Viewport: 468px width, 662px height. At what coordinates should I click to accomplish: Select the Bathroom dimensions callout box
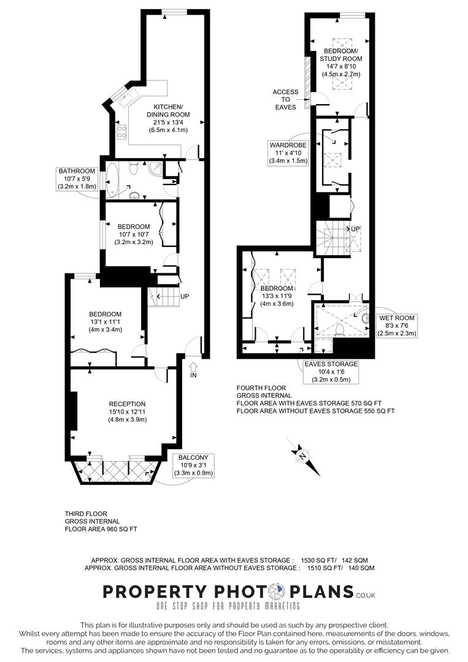(x=77, y=178)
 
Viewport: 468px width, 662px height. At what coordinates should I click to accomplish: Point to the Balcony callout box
(x=194, y=465)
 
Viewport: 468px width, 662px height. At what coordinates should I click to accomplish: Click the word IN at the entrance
(x=194, y=375)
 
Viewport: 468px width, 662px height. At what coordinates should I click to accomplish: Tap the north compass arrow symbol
(x=302, y=456)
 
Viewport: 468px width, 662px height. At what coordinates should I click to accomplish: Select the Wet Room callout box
(x=397, y=325)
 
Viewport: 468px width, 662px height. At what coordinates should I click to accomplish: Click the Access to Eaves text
(x=286, y=99)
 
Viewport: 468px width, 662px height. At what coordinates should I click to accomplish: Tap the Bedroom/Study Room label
(x=341, y=63)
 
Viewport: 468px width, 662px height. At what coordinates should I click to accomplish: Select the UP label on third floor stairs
(x=183, y=297)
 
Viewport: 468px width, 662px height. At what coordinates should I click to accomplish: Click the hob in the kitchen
(x=121, y=131)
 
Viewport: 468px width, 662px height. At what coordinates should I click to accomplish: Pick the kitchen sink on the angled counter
(x=130, y=98)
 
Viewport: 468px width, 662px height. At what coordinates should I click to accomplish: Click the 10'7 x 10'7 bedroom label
(x=134, y=234)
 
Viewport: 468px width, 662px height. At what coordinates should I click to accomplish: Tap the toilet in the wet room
(x=340, y=330)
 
